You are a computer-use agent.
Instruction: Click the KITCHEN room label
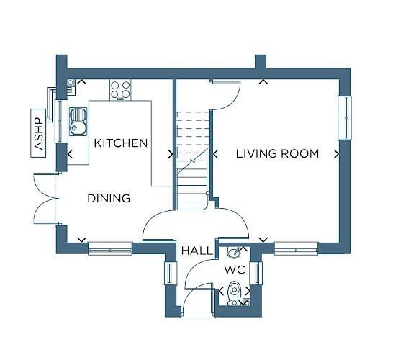[x=121, y=143]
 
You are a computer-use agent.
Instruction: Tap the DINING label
[x=109, y=198]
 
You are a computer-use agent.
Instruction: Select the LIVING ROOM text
[x=277, y=153]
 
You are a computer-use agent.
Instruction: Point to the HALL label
[x=197, y=251]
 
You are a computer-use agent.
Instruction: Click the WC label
[x=235, y=269]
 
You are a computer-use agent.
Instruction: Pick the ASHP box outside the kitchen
[x=38, y=133]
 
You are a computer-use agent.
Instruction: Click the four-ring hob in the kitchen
[x=120, y=90]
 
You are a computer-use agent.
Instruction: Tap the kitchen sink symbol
[x=78, y=122]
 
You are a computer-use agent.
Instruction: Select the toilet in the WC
[x=234, y=294]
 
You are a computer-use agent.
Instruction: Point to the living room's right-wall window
[x=345, y=118]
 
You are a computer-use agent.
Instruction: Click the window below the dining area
[x=110, y=248]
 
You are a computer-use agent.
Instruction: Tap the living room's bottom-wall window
[x=296, y=248]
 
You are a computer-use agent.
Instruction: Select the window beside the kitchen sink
[x=61, y=121]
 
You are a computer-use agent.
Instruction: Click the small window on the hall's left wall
[x=171, y=273]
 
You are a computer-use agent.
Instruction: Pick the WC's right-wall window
[x=256, y=273]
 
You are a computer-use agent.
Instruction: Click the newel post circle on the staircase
[x=208, y=193]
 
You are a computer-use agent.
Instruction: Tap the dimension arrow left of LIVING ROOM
[x=215, y=154]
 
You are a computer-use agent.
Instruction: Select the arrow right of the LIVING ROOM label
[x=336, y=154]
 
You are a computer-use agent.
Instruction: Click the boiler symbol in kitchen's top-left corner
[x=71, y=83]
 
